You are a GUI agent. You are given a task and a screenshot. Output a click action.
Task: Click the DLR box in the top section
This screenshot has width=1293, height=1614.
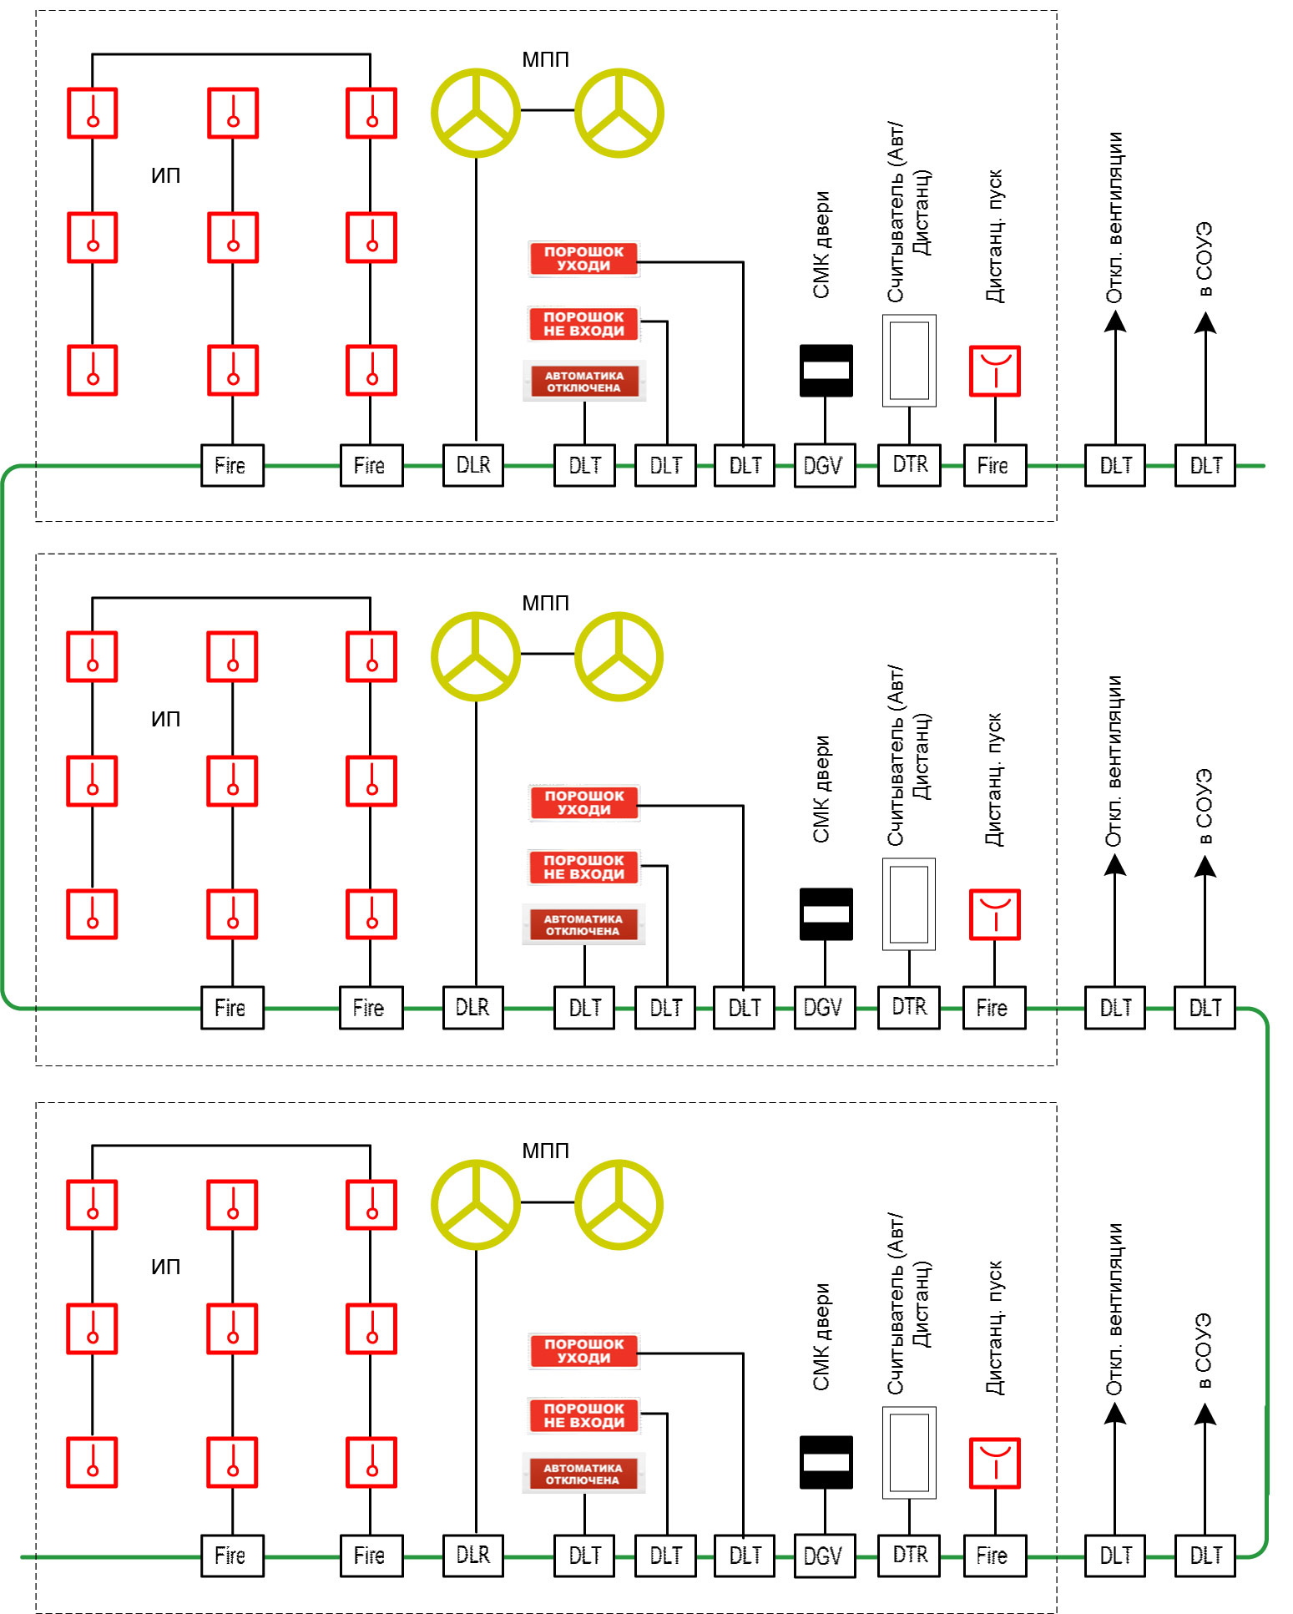473,465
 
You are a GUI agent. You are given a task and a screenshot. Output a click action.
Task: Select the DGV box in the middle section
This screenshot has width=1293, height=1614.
825,1008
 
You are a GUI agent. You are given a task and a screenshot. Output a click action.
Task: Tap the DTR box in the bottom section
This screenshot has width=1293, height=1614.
909,1555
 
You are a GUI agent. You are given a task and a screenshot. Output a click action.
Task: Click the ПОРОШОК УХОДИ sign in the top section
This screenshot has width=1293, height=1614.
584,258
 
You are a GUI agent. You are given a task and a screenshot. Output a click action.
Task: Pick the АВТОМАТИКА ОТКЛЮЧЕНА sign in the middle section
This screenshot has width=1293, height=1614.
583,925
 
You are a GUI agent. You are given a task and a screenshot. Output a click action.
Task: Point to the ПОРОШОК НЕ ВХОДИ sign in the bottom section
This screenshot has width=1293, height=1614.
584,1415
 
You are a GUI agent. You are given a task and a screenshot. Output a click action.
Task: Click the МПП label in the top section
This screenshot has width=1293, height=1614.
545,59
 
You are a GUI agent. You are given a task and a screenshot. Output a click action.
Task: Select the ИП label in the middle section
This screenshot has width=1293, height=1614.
165,719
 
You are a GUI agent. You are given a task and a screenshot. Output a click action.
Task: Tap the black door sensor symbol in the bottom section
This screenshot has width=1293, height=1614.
826,1462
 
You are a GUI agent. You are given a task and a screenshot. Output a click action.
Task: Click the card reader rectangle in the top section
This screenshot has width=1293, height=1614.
909,360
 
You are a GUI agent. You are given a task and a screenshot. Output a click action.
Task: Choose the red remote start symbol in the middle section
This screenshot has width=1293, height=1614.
994,914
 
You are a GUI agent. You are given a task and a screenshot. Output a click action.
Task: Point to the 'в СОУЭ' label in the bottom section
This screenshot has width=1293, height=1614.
1203,1352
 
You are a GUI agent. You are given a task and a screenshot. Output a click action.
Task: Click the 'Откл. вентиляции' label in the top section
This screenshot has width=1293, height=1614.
1114,218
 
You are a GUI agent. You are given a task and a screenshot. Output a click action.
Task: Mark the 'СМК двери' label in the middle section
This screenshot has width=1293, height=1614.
821,789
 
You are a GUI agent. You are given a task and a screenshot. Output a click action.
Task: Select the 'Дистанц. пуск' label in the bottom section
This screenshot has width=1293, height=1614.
994,1328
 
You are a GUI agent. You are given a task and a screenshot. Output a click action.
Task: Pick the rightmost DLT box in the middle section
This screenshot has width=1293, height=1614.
1205,1008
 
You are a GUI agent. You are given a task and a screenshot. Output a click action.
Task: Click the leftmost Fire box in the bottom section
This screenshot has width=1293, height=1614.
232,1556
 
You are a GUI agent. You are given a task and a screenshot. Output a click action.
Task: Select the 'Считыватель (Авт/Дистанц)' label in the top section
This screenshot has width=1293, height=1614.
908,212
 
